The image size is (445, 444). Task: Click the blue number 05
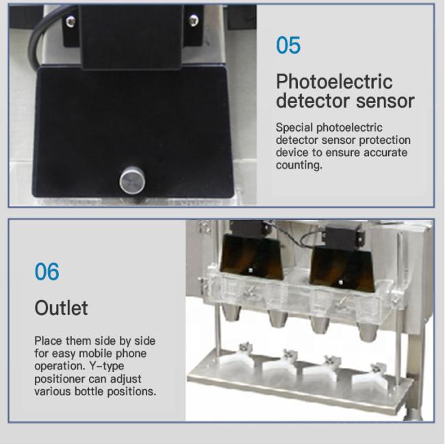coord(288,45)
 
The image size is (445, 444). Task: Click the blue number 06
coord(47,271)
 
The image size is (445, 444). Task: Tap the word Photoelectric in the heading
coord(334,82)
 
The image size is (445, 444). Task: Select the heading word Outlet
coord(61,308)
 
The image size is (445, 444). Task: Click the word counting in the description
coord(299,165)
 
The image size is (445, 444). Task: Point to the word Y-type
coord(107,366)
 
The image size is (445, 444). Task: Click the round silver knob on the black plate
coord(132,180)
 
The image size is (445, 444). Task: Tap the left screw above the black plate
coord(71,21)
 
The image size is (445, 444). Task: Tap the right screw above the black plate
coord(194,20)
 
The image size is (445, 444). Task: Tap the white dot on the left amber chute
coord(251,270)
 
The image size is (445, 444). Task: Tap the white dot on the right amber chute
coord(341,282)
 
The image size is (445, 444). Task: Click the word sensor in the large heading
coord(385,101)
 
